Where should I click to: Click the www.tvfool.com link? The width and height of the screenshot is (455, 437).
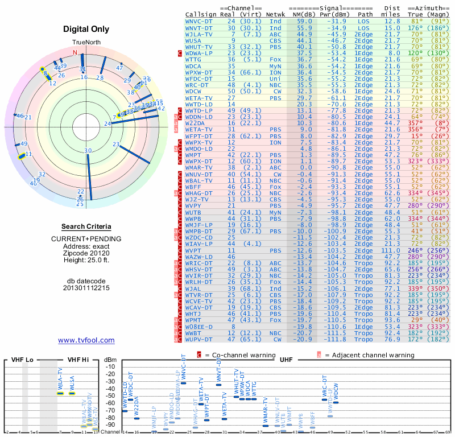click(x=86, y=340)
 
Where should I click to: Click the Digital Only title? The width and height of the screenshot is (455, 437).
click(x=86, y=30)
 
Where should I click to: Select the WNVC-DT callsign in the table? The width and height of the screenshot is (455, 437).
click(x=200, y=21)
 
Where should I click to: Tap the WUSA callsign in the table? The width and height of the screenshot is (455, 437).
click(x=193, y=40)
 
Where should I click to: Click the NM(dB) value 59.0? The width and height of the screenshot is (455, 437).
click(x=304, y=21)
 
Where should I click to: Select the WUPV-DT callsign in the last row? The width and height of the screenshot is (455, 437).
click(x=200, y=339)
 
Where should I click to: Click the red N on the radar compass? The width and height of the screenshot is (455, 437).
click(x=75, y=52)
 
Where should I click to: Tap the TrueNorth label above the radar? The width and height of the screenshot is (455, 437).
click(x=86, y=43)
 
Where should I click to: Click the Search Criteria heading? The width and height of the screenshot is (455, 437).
click(x=86, y=226)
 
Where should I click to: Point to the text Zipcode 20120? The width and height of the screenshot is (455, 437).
click(x=86, y=253)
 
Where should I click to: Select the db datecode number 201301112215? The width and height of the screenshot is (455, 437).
click(x=86, y=288)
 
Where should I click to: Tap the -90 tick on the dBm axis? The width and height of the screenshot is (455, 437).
click(x=110, y=424)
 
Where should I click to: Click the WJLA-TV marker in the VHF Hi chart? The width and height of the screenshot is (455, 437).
click(x=61, y=393)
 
